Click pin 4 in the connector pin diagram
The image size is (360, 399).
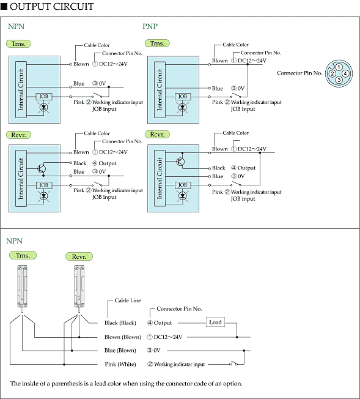[345, 74]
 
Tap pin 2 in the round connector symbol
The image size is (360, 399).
[332, 74]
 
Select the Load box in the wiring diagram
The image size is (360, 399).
[215, 322]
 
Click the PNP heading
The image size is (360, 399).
[150, 26]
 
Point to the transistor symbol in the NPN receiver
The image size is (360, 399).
[42, 168]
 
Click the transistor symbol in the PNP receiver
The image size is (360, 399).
[180, 162]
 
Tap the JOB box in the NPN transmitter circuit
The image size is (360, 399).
[44, 97]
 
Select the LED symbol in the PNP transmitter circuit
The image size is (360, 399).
[183, 107]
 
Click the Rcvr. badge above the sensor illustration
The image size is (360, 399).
[79, 256]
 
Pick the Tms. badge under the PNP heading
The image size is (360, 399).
[157, 43]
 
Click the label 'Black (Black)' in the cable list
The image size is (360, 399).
[120, 323]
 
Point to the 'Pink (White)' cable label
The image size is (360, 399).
[120, 364]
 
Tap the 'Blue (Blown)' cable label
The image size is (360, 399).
[120, 351]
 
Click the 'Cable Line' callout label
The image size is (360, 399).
[128, 300]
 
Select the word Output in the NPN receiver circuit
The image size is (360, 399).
[108, 163]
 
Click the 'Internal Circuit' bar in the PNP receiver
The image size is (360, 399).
[160, 178]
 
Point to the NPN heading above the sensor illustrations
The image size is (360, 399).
[14, 241]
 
